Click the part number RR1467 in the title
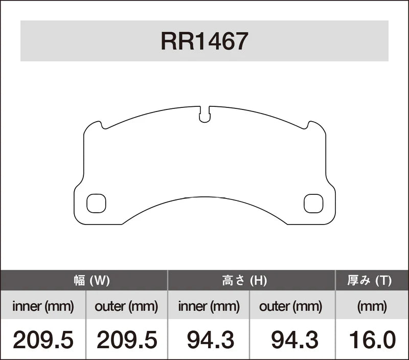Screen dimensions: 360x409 click(204, 41)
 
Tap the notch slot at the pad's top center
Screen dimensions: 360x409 click(204, 115)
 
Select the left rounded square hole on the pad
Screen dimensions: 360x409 click(96, 204)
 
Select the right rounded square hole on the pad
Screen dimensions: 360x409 click(313, 204)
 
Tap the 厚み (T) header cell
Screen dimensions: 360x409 click(372, 280)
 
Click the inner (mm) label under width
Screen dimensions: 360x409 click(43, 307)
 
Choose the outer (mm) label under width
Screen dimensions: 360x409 click(126, 307)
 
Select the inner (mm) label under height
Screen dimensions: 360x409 click(209, 307)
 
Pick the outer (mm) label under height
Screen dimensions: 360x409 click(291, 307)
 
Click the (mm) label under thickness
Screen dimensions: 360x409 click(372, 307)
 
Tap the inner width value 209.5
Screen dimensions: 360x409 click(43, 340)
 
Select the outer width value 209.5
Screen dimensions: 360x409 click(126, 340)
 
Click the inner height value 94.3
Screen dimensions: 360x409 click(210, 340)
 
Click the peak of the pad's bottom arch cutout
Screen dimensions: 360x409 click(204, 197)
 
